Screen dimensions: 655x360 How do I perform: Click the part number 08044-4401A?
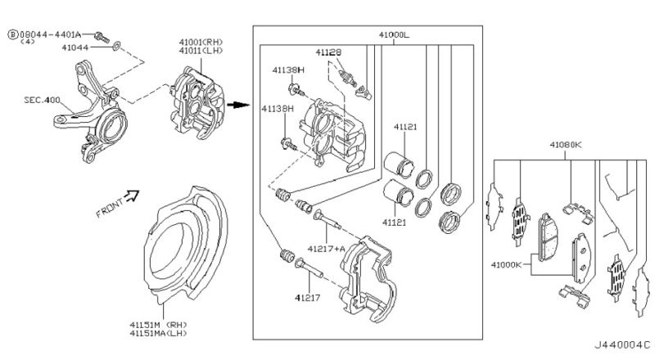50,34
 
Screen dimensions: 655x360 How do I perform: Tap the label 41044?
75,47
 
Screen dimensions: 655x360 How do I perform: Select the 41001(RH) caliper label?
201,42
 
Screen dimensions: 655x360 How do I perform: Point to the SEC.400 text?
42,101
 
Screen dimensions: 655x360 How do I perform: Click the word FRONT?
110,208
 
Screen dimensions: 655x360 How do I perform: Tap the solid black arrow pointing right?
238,105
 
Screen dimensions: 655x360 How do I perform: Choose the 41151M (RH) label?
158,325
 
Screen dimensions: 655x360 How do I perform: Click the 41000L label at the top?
394,35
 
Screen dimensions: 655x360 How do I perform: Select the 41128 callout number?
328,52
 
